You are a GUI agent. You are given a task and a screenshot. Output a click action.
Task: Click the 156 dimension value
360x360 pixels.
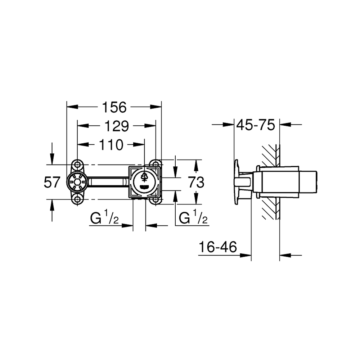pos(114,107)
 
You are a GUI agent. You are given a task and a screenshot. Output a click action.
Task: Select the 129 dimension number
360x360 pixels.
pos(117,126)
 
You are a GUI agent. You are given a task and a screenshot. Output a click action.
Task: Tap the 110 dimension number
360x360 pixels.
pos(111,145)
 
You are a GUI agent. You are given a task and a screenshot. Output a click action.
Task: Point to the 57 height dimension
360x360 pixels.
pos(52,182)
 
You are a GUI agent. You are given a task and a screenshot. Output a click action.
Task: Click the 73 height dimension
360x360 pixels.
pos(196,183)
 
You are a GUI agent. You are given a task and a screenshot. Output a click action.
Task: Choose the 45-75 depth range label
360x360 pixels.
pos(256,125)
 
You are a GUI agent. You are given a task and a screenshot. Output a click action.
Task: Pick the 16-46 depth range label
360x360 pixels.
pos(218,247)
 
